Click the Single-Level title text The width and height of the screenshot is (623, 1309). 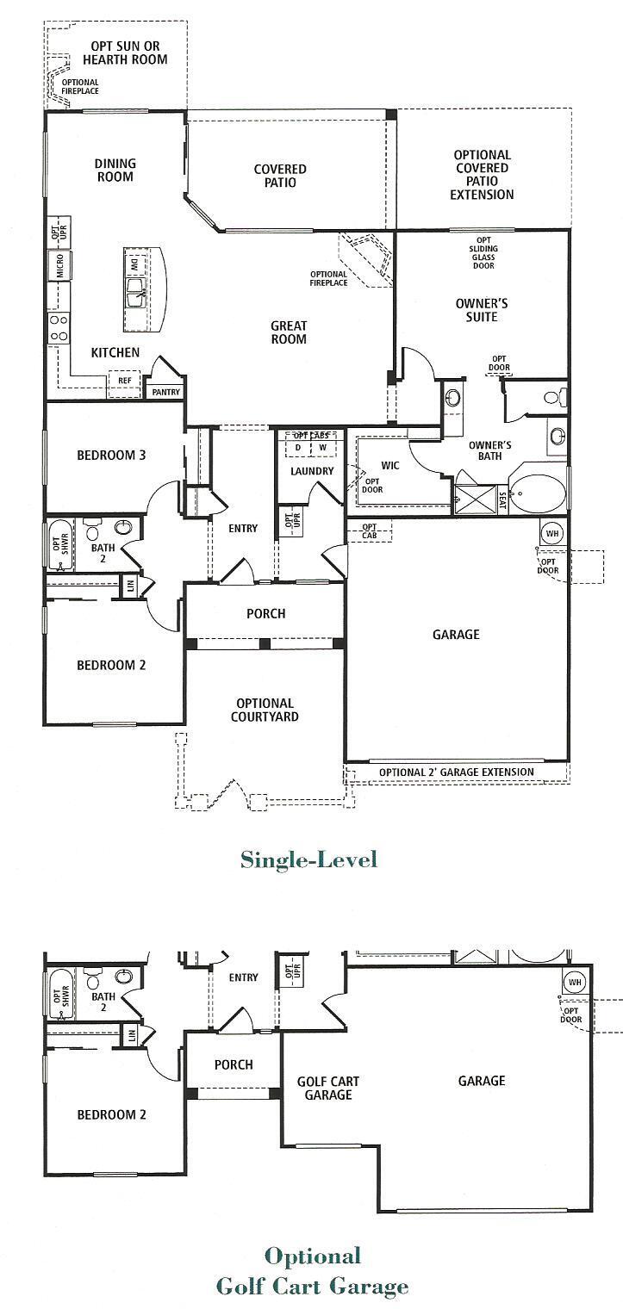point(308,859)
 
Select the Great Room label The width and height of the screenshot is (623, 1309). point(289,332)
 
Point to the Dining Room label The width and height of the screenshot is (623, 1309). point(115,171)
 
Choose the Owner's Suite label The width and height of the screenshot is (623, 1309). point(482,310)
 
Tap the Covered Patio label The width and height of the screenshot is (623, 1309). point(280,176)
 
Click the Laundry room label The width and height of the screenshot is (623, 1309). point(312,471)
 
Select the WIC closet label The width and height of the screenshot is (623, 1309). point(389,465)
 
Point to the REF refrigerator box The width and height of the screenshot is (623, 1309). point(125,380)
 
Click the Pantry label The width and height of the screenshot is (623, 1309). point(165,391)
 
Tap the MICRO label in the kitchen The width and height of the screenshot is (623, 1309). point(60,264)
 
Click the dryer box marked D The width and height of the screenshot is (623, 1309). point(298,448)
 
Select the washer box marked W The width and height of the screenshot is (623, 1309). point(321,448)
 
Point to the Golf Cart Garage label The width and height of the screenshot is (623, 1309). point(328,1088)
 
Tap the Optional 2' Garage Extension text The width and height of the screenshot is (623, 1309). point(456,772)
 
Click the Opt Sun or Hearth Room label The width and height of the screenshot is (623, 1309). point(128,53)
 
